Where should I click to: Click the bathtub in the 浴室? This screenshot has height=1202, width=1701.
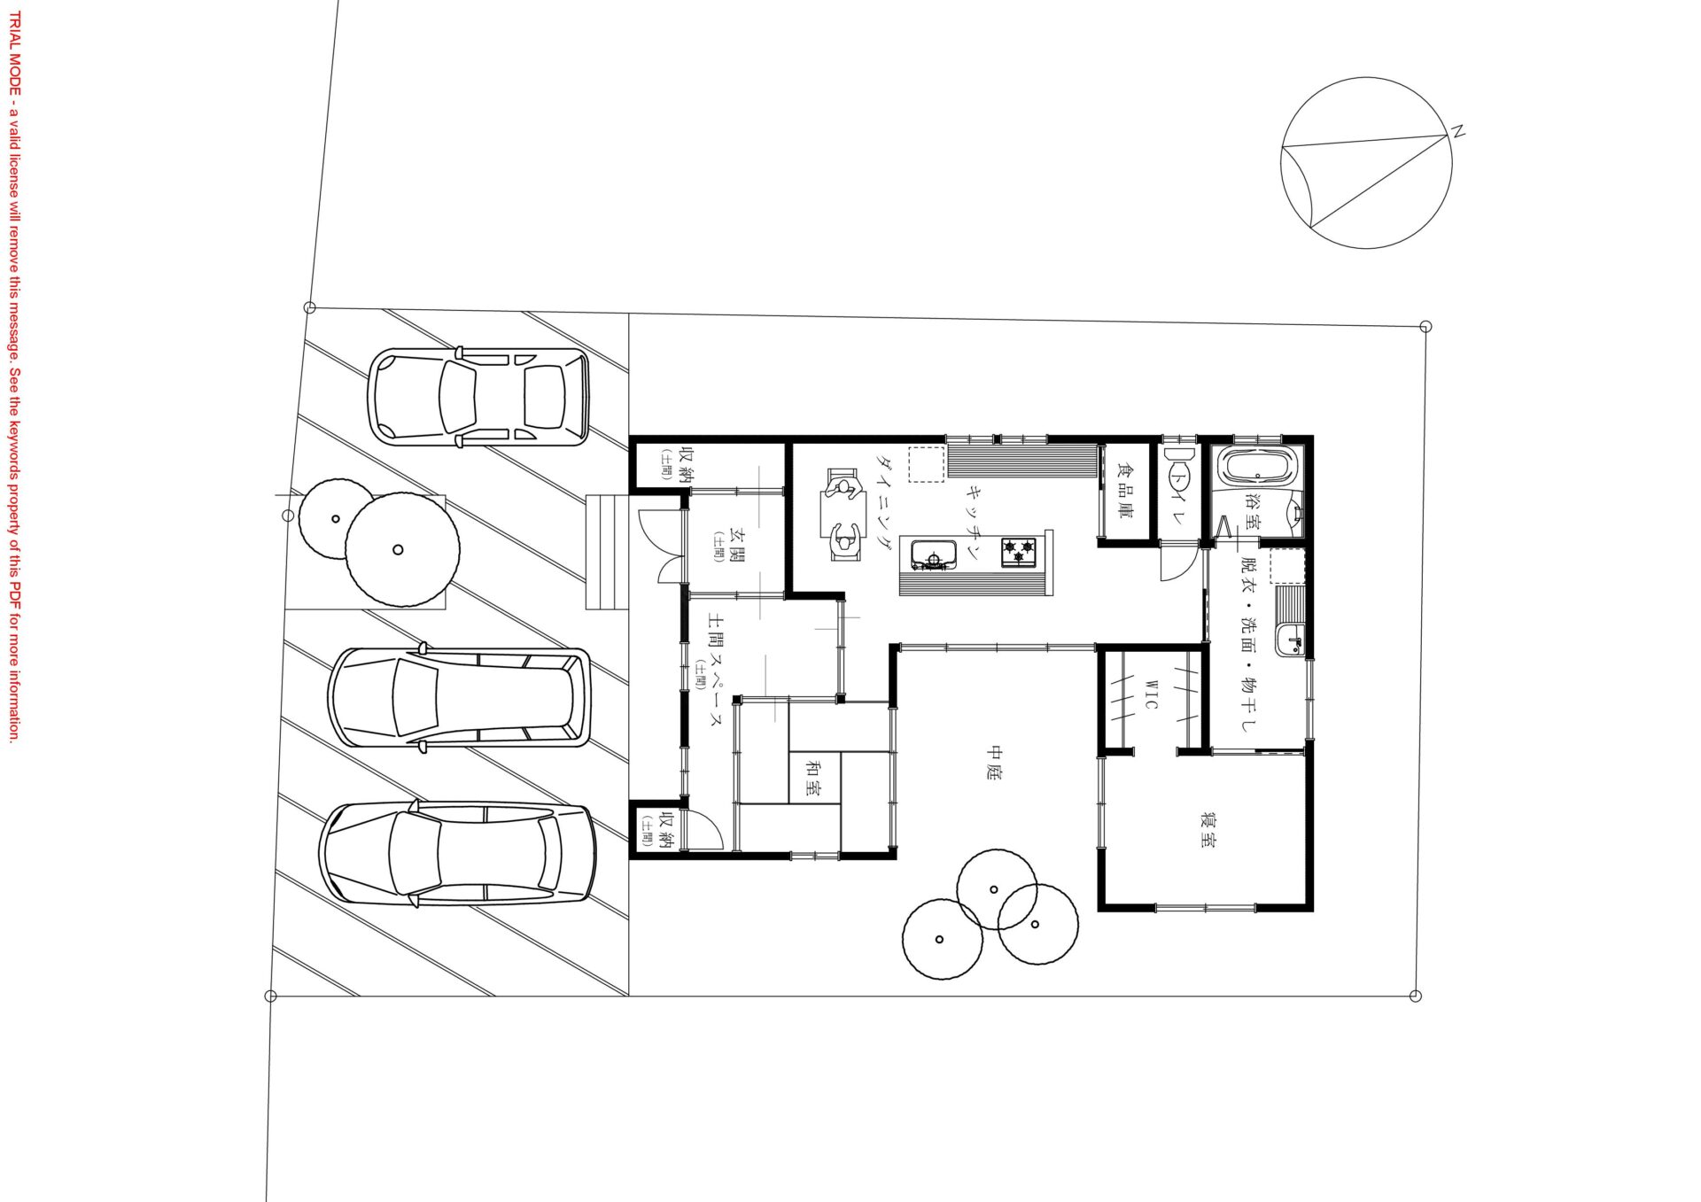(x=1258, y=466)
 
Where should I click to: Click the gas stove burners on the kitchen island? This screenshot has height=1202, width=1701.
(x=1019, y=552)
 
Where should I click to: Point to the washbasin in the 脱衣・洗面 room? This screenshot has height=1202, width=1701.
(x=1289, y=639)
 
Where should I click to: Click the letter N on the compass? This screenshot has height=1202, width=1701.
(x=1457, y=132)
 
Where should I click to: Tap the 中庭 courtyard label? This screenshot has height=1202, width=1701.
(x=994, y=763)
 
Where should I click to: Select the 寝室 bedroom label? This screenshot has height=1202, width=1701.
(x=1207, y=828)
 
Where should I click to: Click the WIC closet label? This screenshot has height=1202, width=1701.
(x=1151, y=694)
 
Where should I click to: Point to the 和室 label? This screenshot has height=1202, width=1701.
(x=812, y=777)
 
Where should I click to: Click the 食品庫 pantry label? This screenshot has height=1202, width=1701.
(x=1125, y=490)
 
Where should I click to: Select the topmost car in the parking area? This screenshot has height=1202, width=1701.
(x=478, y=396)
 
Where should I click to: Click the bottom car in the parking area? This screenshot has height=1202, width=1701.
(x=457, y=854)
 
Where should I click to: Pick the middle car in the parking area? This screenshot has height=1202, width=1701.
(x=459, y=698)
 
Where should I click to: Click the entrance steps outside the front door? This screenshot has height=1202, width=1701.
(x=607, y=552)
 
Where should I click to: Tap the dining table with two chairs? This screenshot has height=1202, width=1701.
(x=844, y=515)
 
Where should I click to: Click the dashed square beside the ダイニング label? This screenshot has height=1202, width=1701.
(x=927, y=465)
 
